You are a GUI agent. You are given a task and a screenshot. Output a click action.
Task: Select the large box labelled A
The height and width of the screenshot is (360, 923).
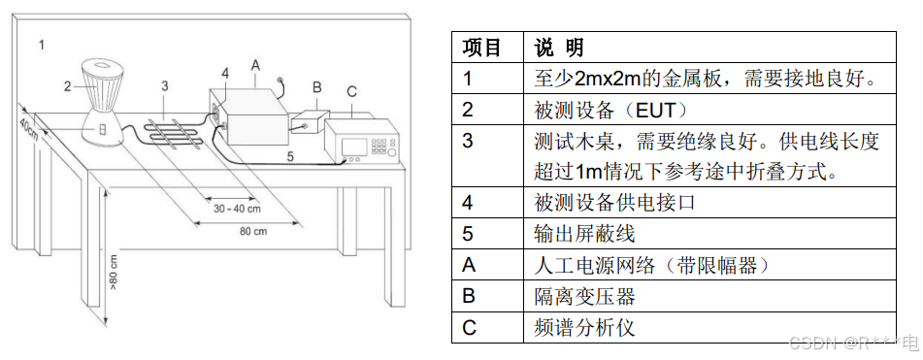(250, 115)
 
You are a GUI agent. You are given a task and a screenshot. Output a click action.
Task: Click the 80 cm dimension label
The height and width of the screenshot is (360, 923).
(253, 231)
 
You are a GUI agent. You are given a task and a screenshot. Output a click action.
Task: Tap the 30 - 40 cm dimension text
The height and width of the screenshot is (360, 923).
(237, 208)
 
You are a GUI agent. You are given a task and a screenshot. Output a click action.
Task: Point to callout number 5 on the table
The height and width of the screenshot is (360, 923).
(290, 156)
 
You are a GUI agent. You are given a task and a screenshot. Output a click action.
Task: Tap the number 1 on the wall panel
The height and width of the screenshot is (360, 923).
(41, 44)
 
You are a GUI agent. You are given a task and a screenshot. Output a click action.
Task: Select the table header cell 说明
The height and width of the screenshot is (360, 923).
(559, 47)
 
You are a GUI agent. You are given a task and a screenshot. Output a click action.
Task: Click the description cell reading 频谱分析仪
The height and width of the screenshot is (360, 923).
(584, 327)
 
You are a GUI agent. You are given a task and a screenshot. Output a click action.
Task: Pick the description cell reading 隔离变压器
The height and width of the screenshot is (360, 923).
(584, 296)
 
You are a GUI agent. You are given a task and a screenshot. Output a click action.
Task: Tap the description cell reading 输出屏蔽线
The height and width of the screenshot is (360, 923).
(584, 234)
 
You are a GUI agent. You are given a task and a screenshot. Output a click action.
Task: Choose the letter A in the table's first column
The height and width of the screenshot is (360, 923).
(469, 265)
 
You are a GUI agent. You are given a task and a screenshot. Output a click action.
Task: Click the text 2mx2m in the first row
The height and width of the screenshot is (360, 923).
(597, 79)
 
